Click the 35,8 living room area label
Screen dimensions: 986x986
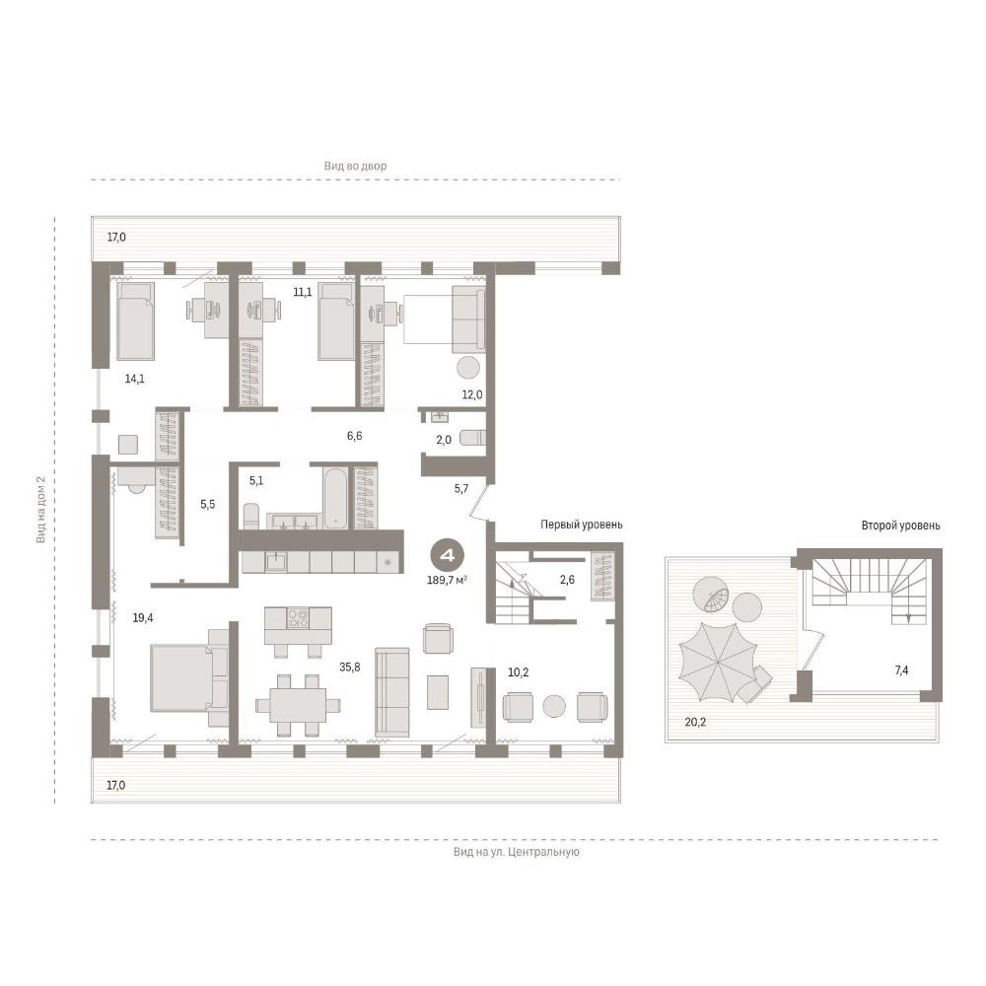(350, 668)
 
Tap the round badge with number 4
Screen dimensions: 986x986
(447, 556)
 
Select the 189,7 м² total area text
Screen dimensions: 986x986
(447, 581)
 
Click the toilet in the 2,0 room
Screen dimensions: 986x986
(472, 437)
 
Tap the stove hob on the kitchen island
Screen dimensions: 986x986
(298, 618)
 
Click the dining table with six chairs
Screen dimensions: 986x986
(298, 705)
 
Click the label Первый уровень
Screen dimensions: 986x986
(582, 525)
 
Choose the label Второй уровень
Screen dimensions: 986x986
(900, 526)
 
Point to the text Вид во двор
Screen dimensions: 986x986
(355, 166)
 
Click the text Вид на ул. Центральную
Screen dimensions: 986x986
(517, 852)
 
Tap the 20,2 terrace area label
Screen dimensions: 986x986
(695, 722)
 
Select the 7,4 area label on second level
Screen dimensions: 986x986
(901, 670)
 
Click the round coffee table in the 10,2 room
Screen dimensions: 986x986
(554, 706)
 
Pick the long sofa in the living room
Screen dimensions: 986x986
(391, 692)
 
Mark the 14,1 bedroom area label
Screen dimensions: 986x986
(134, 379)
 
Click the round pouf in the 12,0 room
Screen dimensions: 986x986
(467, 367)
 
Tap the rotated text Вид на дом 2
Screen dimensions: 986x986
(40, 510)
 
